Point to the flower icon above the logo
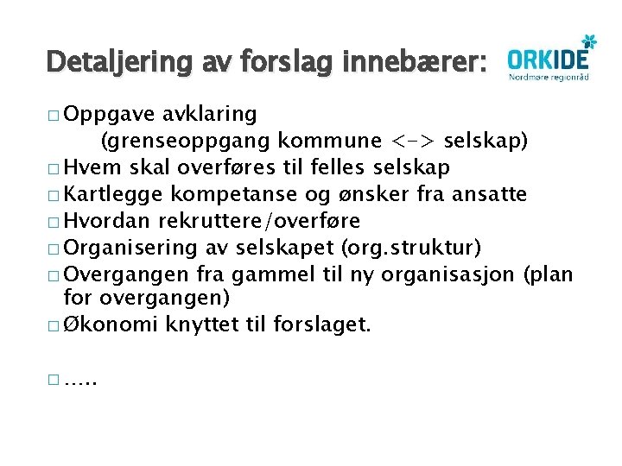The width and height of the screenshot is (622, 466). click(x=588, y=40)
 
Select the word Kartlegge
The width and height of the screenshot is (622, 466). click(x=114, y=193)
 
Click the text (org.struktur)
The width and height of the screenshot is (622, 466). click(x=410, y=247)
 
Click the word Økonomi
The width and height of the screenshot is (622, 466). click(x=105, y=324)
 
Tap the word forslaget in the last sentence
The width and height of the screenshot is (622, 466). click(x=322, y=324)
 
